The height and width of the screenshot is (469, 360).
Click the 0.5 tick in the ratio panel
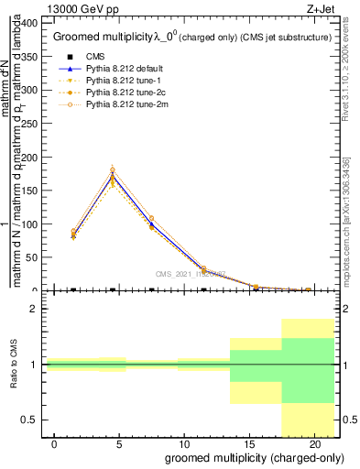[x=27, y=420]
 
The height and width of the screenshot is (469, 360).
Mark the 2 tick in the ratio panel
[x=33, y=310]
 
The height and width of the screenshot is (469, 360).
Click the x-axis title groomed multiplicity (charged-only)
[x=253, y=457]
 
